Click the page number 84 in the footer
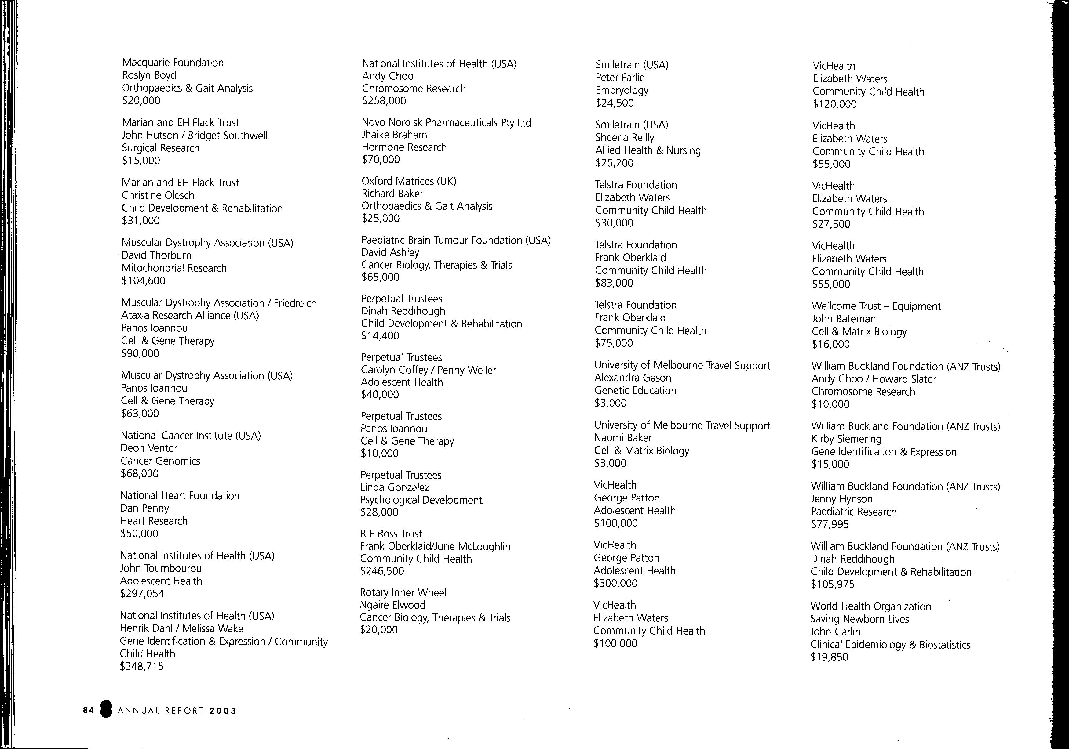[89, 710]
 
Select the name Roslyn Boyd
[149, 75]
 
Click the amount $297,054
[142, 594]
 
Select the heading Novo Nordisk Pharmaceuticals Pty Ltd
[446, 123]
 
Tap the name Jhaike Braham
[394, 135]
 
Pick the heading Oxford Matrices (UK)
[409, 181]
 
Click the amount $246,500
[382, 571]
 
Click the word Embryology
[622, 90]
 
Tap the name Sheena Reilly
[624, 138]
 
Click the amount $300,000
[615, 583]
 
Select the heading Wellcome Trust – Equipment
[876, 306]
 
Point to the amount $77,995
[830, 524]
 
